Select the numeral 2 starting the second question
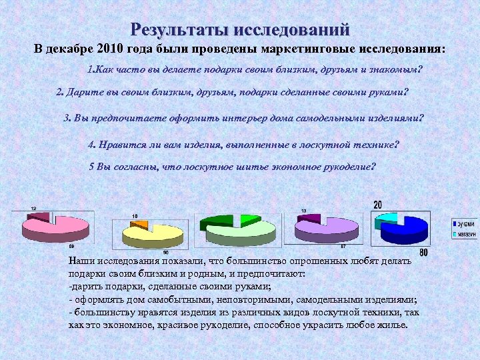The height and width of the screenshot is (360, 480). click(59, 92)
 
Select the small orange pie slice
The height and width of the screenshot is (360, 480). click(139, 225)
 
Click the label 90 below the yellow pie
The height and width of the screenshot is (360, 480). click(165, 252)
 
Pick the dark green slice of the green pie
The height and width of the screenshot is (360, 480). click(220, 222)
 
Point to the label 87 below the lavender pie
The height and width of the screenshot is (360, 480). click(343, 247)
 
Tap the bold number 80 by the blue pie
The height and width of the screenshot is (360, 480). click(423, 253)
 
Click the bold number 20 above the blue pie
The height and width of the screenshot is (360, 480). click(378, 205)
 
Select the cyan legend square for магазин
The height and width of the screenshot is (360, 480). click(455, 234)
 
